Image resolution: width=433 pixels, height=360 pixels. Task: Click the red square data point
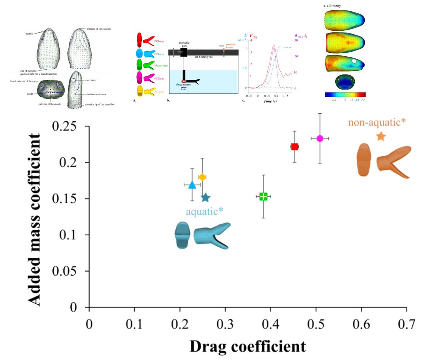click(294, 147)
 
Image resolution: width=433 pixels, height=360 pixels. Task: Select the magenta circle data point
click(320, 139)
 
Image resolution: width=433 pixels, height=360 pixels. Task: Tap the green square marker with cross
click(263, 196)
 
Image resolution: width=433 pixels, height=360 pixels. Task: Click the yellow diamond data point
click(202, 177)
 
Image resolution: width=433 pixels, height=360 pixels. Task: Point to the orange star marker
click(381, 136)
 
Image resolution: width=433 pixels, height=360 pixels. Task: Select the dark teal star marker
click(206, 198)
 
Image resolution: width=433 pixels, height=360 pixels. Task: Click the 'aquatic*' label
click(204, 212)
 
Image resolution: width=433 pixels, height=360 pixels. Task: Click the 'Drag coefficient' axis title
click(248, 346)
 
